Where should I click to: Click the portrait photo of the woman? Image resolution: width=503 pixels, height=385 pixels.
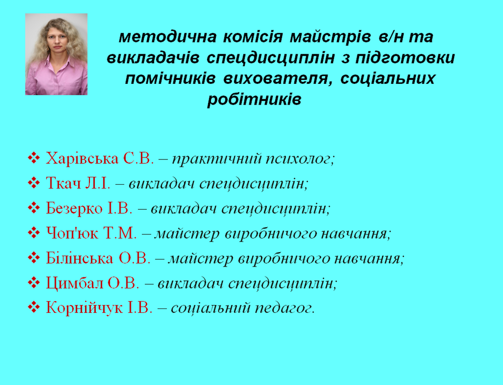click(x=56, y=54)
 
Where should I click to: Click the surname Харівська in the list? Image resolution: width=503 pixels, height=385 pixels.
click(x=82, y=158)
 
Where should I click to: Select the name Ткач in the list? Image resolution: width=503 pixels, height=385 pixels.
click(x=63, y=183)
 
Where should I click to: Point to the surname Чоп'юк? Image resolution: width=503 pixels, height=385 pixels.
click(x=72, y=233)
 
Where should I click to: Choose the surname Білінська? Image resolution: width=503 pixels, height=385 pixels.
click(x=80, y=258)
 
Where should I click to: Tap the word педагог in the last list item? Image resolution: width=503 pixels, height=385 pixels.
click(x=285, y=308)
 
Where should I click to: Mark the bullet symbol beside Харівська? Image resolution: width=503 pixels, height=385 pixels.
click(x=34, y=158)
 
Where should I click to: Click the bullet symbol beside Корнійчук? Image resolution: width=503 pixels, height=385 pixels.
click(x=34, y=308)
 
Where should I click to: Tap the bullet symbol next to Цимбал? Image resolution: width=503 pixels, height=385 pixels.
click(x=34, y=282)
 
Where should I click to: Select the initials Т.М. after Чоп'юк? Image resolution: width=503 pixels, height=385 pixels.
click(x=120, y=233)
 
